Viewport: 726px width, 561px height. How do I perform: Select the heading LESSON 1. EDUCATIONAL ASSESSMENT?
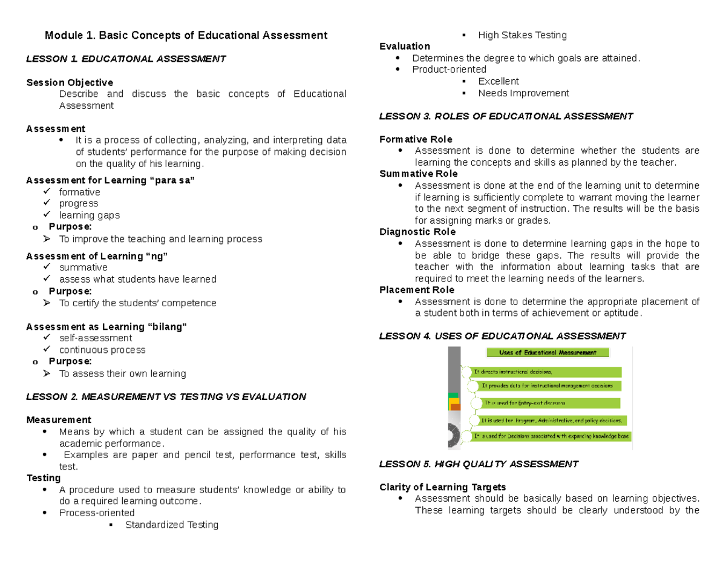pos(126,59)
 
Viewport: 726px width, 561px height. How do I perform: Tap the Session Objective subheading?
pos(70,82)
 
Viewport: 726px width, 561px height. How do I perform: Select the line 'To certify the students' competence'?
pos(137,303)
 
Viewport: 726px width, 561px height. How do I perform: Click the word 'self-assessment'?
pos(96,338)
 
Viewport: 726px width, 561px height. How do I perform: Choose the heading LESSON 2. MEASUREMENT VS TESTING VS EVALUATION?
pos(166,397)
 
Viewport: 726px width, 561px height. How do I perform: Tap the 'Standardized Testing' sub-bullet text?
pos(171,525)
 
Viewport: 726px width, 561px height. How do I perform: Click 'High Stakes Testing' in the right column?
pos(522,35)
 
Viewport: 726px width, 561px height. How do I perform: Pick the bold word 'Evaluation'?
pos(405,47)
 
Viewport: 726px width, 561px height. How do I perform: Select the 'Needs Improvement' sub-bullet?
pos(523,93)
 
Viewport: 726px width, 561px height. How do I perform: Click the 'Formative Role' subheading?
pos(416,139)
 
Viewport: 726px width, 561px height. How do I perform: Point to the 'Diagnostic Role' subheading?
pos(417,232)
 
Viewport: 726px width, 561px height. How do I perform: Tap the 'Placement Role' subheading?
pos(417,290)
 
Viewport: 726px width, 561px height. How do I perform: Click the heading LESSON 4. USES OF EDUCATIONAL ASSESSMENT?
pos(502,336)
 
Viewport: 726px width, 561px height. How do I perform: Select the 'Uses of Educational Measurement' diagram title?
pos(548,352)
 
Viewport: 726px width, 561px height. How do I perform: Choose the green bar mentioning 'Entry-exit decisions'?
pos(543,403)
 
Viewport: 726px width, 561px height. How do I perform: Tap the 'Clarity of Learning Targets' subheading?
pos(442,487)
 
